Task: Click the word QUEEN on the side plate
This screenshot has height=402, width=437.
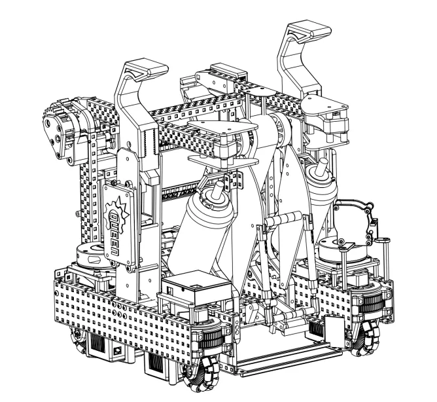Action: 114,233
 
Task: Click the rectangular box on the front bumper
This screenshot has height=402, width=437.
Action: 197,287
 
